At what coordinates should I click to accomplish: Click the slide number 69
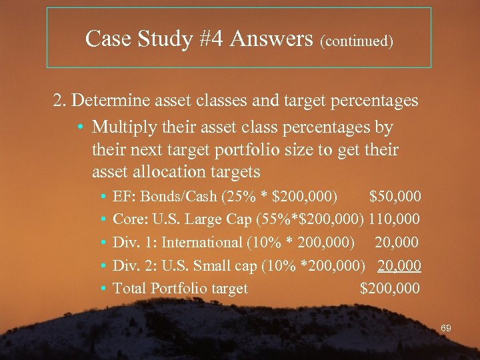[x=446, y=328]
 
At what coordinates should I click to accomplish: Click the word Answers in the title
[x=271, y=39]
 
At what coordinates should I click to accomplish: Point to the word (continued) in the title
[x=357, y=41]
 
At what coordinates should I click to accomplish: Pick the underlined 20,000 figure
[x=399, y=265]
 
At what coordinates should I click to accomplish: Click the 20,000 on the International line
[x=399, y=242]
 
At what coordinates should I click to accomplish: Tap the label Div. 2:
[x=135, y=265]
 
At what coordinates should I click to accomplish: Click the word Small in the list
[x=211, y=265]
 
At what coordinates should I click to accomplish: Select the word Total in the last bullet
[x=129, y=289]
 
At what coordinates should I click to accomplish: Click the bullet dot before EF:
[x=104, y=197]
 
